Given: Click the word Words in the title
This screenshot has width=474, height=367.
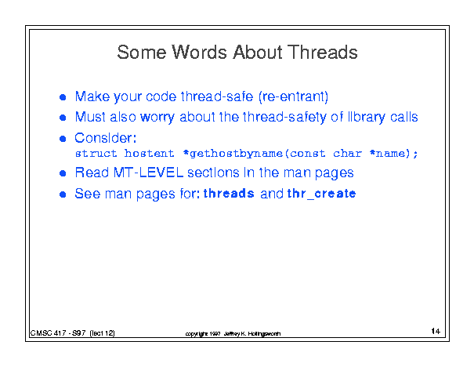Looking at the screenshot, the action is [199, 52].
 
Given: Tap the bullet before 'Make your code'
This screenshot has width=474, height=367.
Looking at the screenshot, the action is [63, 97].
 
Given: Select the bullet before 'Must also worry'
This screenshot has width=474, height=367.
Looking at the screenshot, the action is [63, 118].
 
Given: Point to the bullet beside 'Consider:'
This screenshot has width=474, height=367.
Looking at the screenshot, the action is [63, 139].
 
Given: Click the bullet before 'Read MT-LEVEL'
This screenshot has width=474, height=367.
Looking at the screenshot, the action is [63, 173].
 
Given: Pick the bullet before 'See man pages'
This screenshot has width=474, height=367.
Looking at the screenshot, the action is [63, 194].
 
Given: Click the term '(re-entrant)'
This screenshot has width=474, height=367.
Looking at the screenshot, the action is [293, 96].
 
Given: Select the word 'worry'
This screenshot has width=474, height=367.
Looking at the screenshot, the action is [157, 118].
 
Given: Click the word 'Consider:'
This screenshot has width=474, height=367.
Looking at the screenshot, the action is [106, 138].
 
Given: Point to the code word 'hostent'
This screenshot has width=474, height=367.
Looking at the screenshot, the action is [149, 154].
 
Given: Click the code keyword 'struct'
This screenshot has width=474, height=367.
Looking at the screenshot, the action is [96, 154].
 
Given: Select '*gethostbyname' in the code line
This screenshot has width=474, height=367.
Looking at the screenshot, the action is [233, 154].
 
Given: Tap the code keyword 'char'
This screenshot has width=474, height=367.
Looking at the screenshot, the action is [347, 154].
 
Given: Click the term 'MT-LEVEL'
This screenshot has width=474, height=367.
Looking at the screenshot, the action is [148, 173].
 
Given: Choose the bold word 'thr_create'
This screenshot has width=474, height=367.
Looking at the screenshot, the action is [321, 194].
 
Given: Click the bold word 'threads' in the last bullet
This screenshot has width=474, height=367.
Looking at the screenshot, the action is [229, 194].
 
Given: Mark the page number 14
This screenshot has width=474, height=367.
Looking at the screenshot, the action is [436, 331].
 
